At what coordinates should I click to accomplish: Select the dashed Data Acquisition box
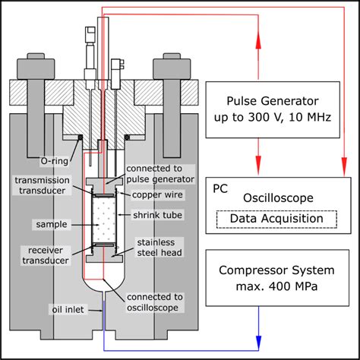tap(276, 219)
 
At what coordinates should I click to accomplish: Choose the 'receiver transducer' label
tap(49, 254)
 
